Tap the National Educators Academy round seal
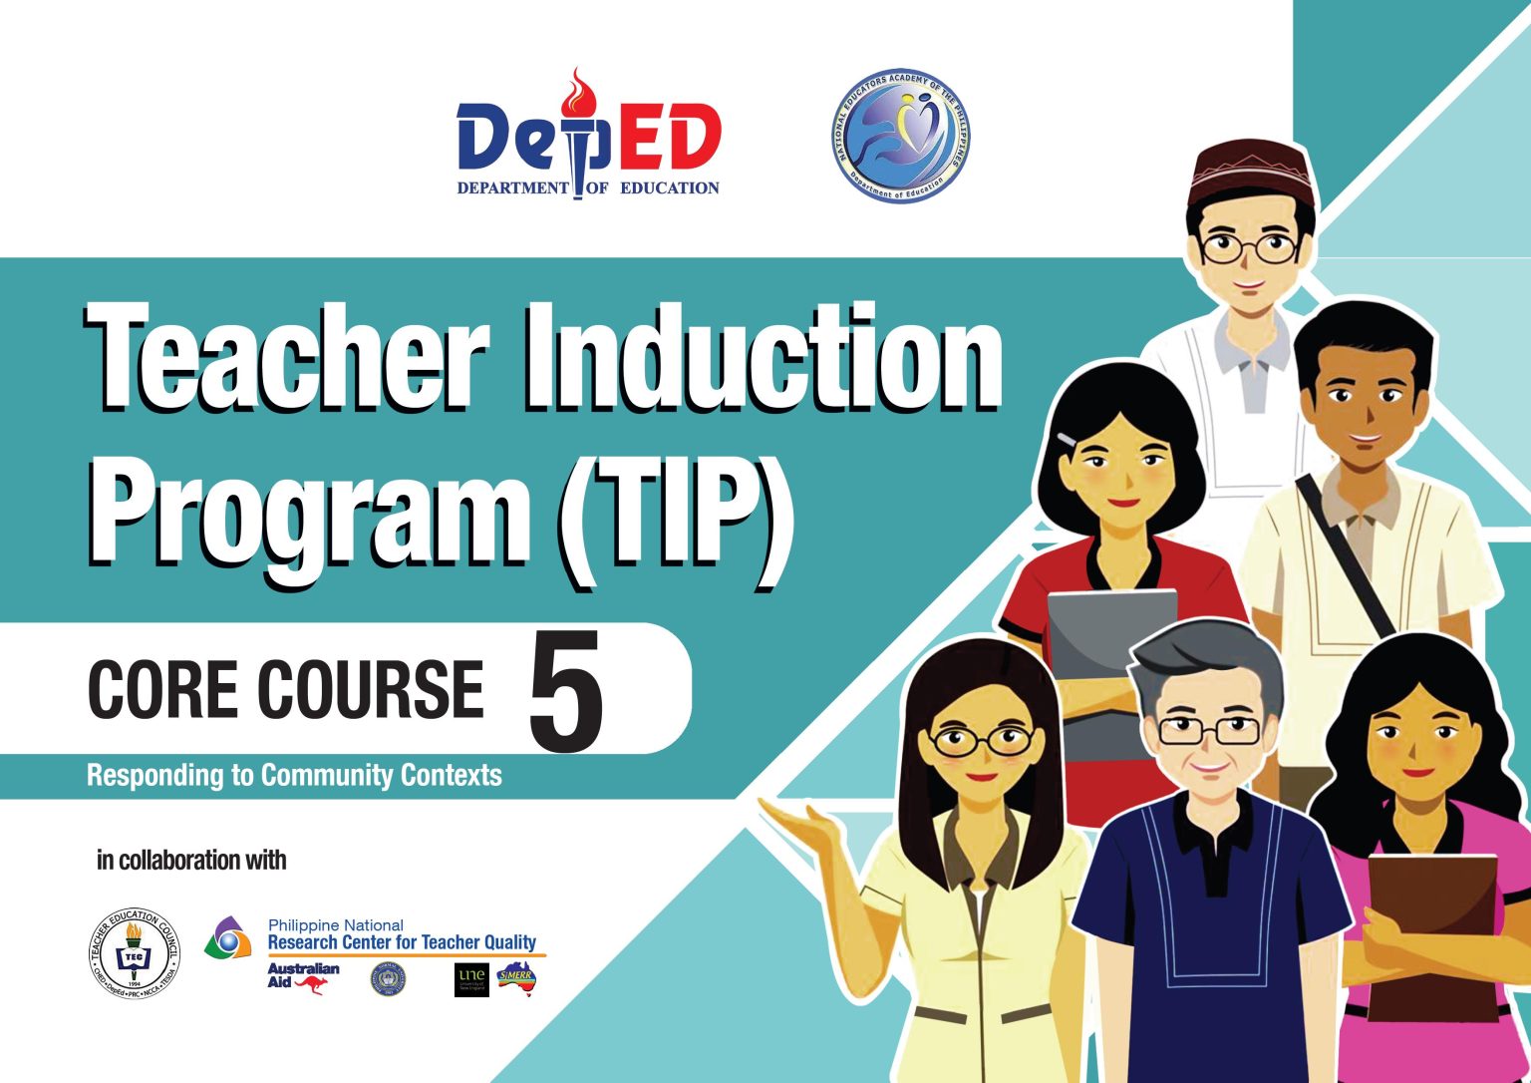[x=900, y=137]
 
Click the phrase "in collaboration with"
[x=191, y=860]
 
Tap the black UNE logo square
[x=471, y=979]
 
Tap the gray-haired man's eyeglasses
[x=1209, y=731]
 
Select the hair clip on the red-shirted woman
[x=1068, y=438]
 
